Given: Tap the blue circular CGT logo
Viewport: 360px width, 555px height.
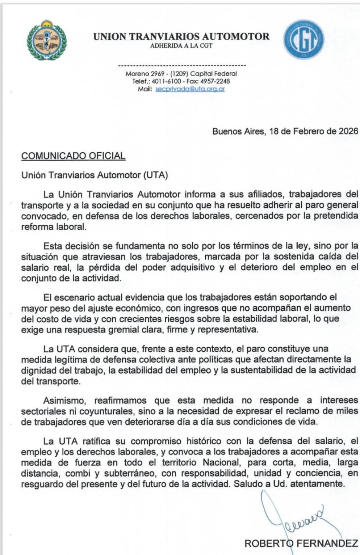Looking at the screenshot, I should pyautogui.click(x=304, y=39).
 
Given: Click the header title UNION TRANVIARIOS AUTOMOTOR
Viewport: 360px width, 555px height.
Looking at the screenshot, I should pyautogui.click(x=181, y=37).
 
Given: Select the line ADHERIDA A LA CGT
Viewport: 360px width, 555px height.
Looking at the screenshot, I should pyautogui.click(x=181, y=46).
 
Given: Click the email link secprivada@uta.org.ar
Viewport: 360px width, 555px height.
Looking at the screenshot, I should pyautogui.click(x=190, y=89).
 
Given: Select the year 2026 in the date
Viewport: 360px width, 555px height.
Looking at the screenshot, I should pyautogui.click(x=348, y=131).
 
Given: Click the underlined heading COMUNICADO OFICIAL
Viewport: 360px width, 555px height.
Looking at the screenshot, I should pyautogui.click(x=73, y=156).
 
